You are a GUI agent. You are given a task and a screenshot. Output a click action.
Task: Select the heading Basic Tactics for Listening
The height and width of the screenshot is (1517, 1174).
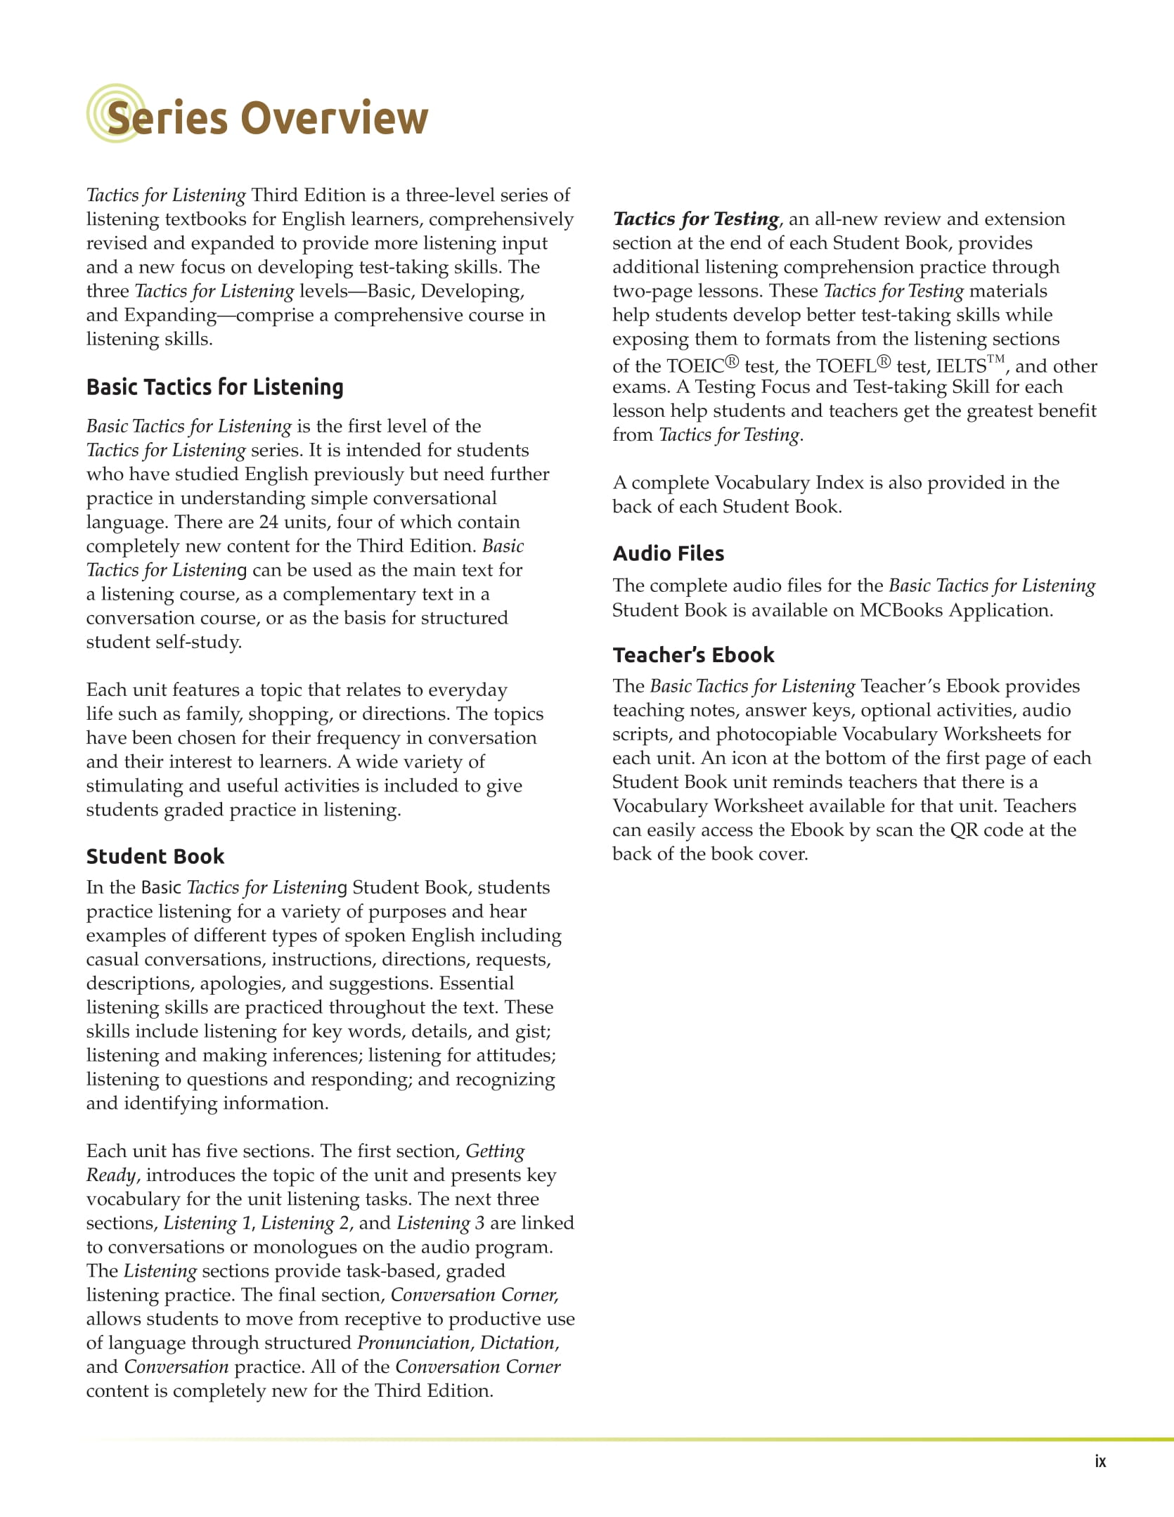point(214,387)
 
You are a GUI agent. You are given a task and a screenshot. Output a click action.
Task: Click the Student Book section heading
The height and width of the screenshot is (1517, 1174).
point(155,856)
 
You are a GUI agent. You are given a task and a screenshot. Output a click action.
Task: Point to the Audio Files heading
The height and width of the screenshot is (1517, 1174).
point(668,554)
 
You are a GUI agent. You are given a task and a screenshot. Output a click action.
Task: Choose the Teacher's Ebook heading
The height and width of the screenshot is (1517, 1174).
point(693,655)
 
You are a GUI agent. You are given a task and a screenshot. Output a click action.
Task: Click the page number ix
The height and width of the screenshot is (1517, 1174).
point(1100,1461)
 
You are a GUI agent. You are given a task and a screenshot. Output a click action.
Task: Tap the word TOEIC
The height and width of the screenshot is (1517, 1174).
point(695,366)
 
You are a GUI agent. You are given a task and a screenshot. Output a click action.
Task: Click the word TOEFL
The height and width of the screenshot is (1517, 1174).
point(846,366)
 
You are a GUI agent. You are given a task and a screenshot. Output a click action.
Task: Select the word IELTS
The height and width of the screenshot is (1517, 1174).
point(961,366)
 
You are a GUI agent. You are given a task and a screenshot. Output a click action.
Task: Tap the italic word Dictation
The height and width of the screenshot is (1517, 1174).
point(517,1343)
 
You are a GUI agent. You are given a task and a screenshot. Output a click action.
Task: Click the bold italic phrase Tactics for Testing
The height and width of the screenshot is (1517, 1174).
point(696,219)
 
